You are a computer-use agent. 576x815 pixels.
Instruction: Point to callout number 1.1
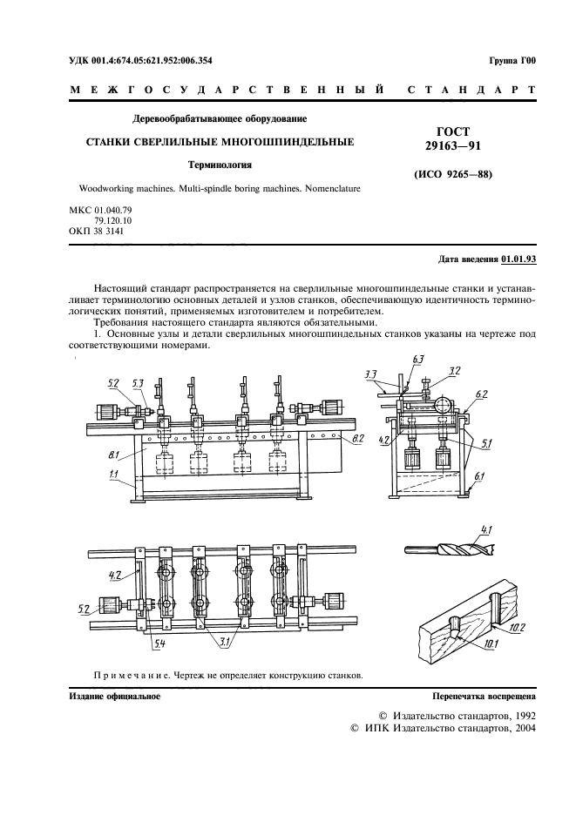click(x=114, y=475)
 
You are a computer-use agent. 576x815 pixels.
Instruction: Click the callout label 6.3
click(x=417, y=360)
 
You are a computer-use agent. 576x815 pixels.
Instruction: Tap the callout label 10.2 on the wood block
click(x=518, y=627)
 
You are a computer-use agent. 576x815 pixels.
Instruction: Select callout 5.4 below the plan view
click(x=160, y=643)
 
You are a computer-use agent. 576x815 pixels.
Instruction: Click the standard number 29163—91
click(x=452, y=145)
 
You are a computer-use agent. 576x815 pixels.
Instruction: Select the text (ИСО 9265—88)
click(x=452, y=174)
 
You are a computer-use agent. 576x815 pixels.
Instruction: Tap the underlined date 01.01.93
click(x=518, y=260)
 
